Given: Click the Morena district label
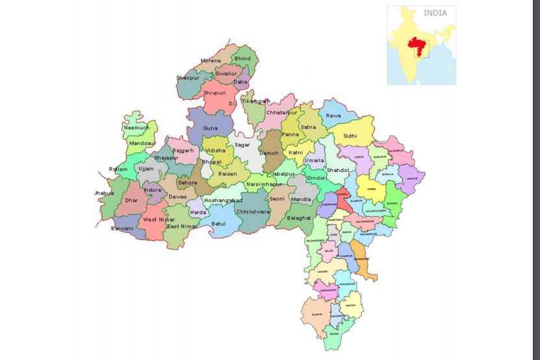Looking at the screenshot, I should [x=210, y=61].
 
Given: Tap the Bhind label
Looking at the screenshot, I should [x=242, y=58].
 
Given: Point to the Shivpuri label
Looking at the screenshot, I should [x=214, y=93].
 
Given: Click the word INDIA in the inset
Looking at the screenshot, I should [x=435, y=13].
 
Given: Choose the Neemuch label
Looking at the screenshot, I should [x=136, y=128].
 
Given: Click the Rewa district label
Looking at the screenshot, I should [x=333, y=116].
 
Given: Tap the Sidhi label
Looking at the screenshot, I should [x=350, y=136].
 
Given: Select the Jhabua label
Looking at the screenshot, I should [x=103, y=193].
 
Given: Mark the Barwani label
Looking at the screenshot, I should [x=122, y=228].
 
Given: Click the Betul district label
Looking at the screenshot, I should [x=219, y=224].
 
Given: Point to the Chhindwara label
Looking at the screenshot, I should [x=253, y=211].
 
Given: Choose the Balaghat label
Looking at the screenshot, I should [x=299, y=218].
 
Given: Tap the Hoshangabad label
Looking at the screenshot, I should [x=223, y=200].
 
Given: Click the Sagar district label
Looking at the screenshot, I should [x=242, y=145].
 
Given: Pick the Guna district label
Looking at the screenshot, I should [x=210, y=128].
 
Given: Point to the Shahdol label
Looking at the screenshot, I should [x=337, y=170].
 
